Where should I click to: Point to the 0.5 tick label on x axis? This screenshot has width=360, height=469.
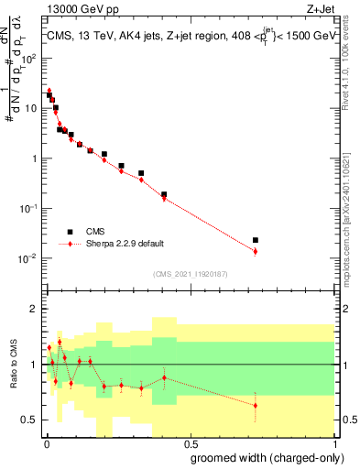(189, 444)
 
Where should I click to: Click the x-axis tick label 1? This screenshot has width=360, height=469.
(333, 444)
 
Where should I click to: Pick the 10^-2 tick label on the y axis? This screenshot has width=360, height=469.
(29, 258)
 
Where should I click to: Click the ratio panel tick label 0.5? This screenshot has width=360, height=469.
(29, 420)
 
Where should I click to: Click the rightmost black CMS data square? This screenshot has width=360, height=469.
(256, 240)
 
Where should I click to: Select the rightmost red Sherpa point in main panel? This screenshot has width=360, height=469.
(256, 251)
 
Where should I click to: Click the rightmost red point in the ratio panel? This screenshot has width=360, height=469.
(256, 405)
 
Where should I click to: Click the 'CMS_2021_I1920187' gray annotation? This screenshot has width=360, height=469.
(189, 273)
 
